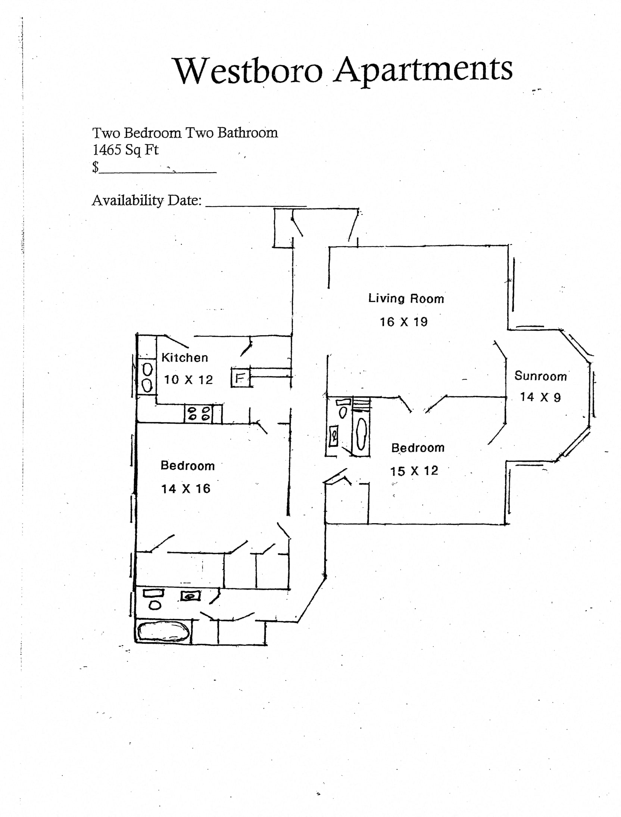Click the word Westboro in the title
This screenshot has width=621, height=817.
tap(249, 71)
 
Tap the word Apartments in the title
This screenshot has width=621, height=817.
tap(423, 70)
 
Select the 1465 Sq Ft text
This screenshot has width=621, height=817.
tap(125, 150)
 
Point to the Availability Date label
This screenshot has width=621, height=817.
tap(147, 201)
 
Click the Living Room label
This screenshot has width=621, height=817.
tap(406, 299)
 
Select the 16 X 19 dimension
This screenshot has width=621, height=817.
tap(403, 322)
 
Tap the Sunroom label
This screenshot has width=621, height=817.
tap(540, 376)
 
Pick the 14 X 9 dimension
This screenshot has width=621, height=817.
tap(540, 397)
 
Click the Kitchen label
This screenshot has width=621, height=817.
tap(184, 358)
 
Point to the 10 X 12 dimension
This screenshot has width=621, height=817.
tap(188, 380)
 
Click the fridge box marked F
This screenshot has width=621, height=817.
tap(240, 378)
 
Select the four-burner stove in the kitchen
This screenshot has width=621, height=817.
tap(199, 413)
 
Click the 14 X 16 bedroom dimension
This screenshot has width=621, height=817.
tap(185, 489)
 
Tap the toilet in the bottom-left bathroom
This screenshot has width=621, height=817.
tap(155, 605)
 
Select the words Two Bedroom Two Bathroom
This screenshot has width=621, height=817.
tap(185, 133)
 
